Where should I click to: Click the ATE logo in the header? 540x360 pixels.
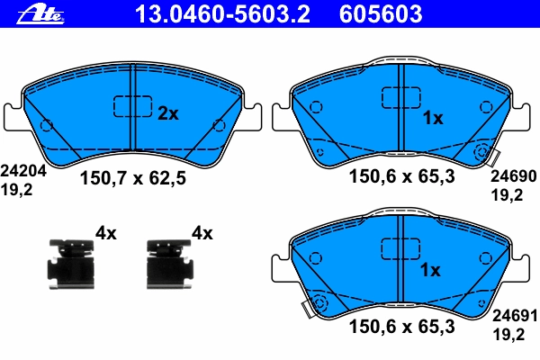point(40,14)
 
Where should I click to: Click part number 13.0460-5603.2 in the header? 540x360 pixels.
point(222,14)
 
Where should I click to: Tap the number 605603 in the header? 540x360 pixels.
point(381,14)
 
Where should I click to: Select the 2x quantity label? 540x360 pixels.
point(168,113)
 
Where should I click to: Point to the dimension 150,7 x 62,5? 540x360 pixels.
point(133,178)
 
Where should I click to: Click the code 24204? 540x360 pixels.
point(23,171)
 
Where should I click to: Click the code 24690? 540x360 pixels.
point(514,176)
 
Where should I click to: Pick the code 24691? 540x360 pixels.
point(515,316)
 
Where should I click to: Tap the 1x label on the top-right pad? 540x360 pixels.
point(433,118)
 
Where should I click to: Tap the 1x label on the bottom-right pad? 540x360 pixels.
point(430,270)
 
